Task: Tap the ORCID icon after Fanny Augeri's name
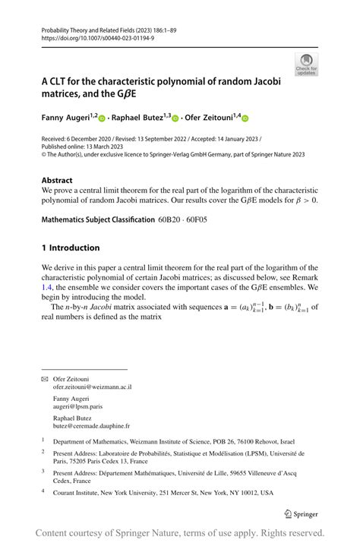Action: point(103,118)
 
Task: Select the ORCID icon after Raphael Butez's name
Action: point(175,118)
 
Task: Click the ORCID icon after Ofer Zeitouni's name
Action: point(245,118)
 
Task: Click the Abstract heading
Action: point(58,181)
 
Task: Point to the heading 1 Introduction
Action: point(71,248)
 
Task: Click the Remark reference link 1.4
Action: point(48,288)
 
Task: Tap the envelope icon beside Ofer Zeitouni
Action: point(44,377)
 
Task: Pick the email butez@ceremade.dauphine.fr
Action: point(91,427)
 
